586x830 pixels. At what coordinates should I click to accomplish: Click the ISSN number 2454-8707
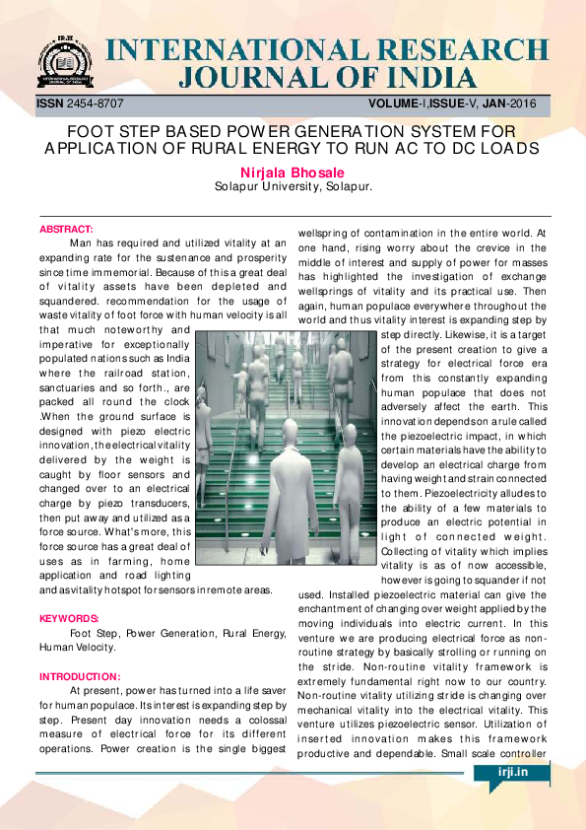point(97,104)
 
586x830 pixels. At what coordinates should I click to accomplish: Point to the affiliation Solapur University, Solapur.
point(293,185)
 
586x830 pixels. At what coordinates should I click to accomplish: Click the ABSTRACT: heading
point(66,230)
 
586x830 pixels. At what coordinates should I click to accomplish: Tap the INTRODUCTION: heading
point(79,676)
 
